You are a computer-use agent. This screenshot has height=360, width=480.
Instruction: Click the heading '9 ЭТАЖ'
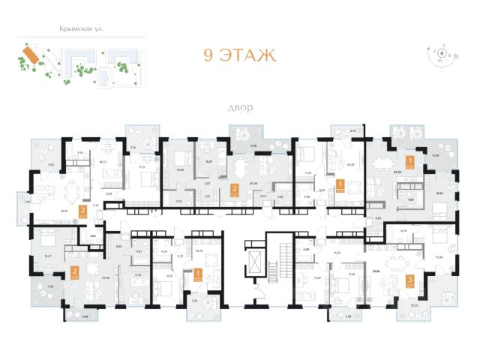(x=240, y=55)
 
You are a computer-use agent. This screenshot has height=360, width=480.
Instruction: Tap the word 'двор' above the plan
(x=240, y=108)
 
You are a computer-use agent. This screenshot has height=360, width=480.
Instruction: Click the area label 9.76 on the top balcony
(x=253, y=145)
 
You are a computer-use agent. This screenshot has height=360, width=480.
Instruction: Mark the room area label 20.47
(x=350, y=163)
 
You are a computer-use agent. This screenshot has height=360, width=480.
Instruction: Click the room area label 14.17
(x=103, y=161)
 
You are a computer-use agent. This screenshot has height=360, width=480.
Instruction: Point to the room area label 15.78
(x=199, y=251)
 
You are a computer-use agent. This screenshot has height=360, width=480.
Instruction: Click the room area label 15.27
(x=48, y=255)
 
